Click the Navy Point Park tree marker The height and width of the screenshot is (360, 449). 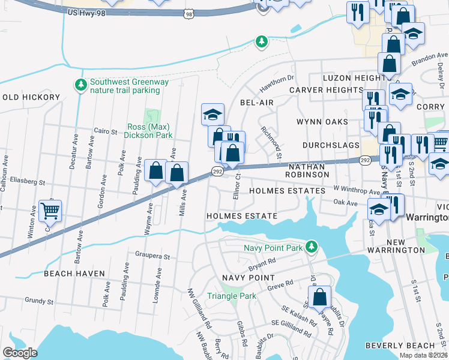310,247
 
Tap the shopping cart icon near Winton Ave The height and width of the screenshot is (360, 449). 50,210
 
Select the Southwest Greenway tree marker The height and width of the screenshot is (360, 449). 80,85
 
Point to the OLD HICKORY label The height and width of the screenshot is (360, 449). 31,97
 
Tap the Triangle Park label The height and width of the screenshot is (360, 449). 231,296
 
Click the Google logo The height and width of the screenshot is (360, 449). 20,352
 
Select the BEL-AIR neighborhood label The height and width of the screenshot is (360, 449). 257,103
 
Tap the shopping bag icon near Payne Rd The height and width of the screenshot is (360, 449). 320,296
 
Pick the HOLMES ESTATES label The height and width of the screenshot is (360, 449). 287,190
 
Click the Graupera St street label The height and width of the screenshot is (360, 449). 153,256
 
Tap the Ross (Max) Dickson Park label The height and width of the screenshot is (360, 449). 148,131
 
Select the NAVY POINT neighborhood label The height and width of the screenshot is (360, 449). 248,278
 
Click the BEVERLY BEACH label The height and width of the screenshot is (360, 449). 408,346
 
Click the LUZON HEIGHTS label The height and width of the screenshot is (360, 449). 354,78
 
